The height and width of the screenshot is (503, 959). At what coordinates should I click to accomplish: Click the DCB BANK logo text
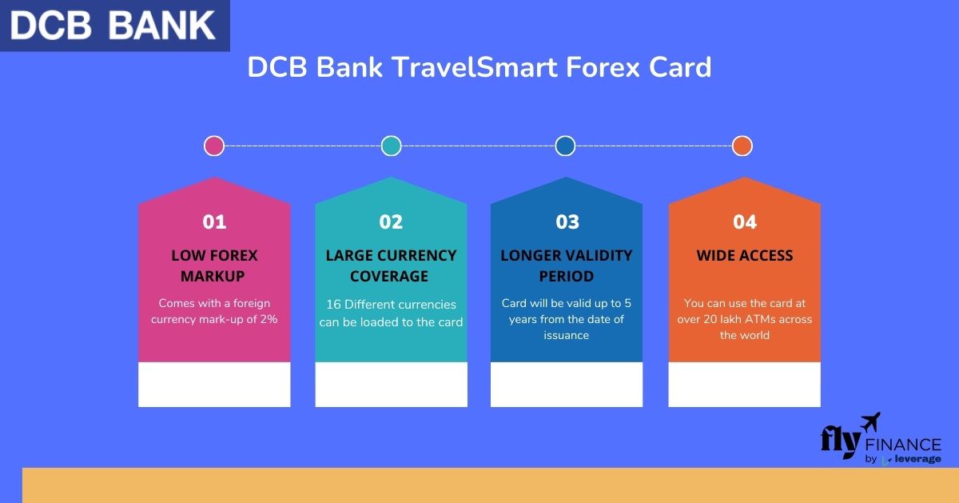point(112,26)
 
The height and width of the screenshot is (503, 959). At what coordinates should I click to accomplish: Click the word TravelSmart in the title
point(476,67)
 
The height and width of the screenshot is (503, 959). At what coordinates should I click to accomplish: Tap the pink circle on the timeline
point(214,146)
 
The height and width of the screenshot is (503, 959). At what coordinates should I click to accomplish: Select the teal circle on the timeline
point(391,146)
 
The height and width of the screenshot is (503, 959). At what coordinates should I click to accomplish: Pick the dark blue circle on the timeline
point(565,146)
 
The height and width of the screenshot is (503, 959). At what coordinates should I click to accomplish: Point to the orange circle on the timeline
point(742,146)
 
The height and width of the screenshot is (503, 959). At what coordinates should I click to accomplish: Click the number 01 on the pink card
point(214,222)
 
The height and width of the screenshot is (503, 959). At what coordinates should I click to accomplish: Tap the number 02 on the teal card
point(391,222)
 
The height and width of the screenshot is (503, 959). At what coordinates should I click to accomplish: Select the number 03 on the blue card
point(567,222)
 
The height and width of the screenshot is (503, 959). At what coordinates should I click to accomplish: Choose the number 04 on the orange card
point(745,222)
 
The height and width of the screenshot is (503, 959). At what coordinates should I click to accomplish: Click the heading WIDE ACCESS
point(745,255)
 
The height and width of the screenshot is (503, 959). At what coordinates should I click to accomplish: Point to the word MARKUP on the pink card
point(213,276)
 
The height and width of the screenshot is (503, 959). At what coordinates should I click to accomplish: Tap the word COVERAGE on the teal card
point(388,276)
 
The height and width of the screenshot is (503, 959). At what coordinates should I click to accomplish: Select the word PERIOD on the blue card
point(566,276)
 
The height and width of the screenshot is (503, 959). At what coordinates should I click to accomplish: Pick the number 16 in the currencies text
point(333,304)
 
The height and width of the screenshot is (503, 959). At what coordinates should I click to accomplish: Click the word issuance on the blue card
point(566,335)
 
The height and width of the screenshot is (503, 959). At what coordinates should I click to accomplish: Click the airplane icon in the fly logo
point(871,422)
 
